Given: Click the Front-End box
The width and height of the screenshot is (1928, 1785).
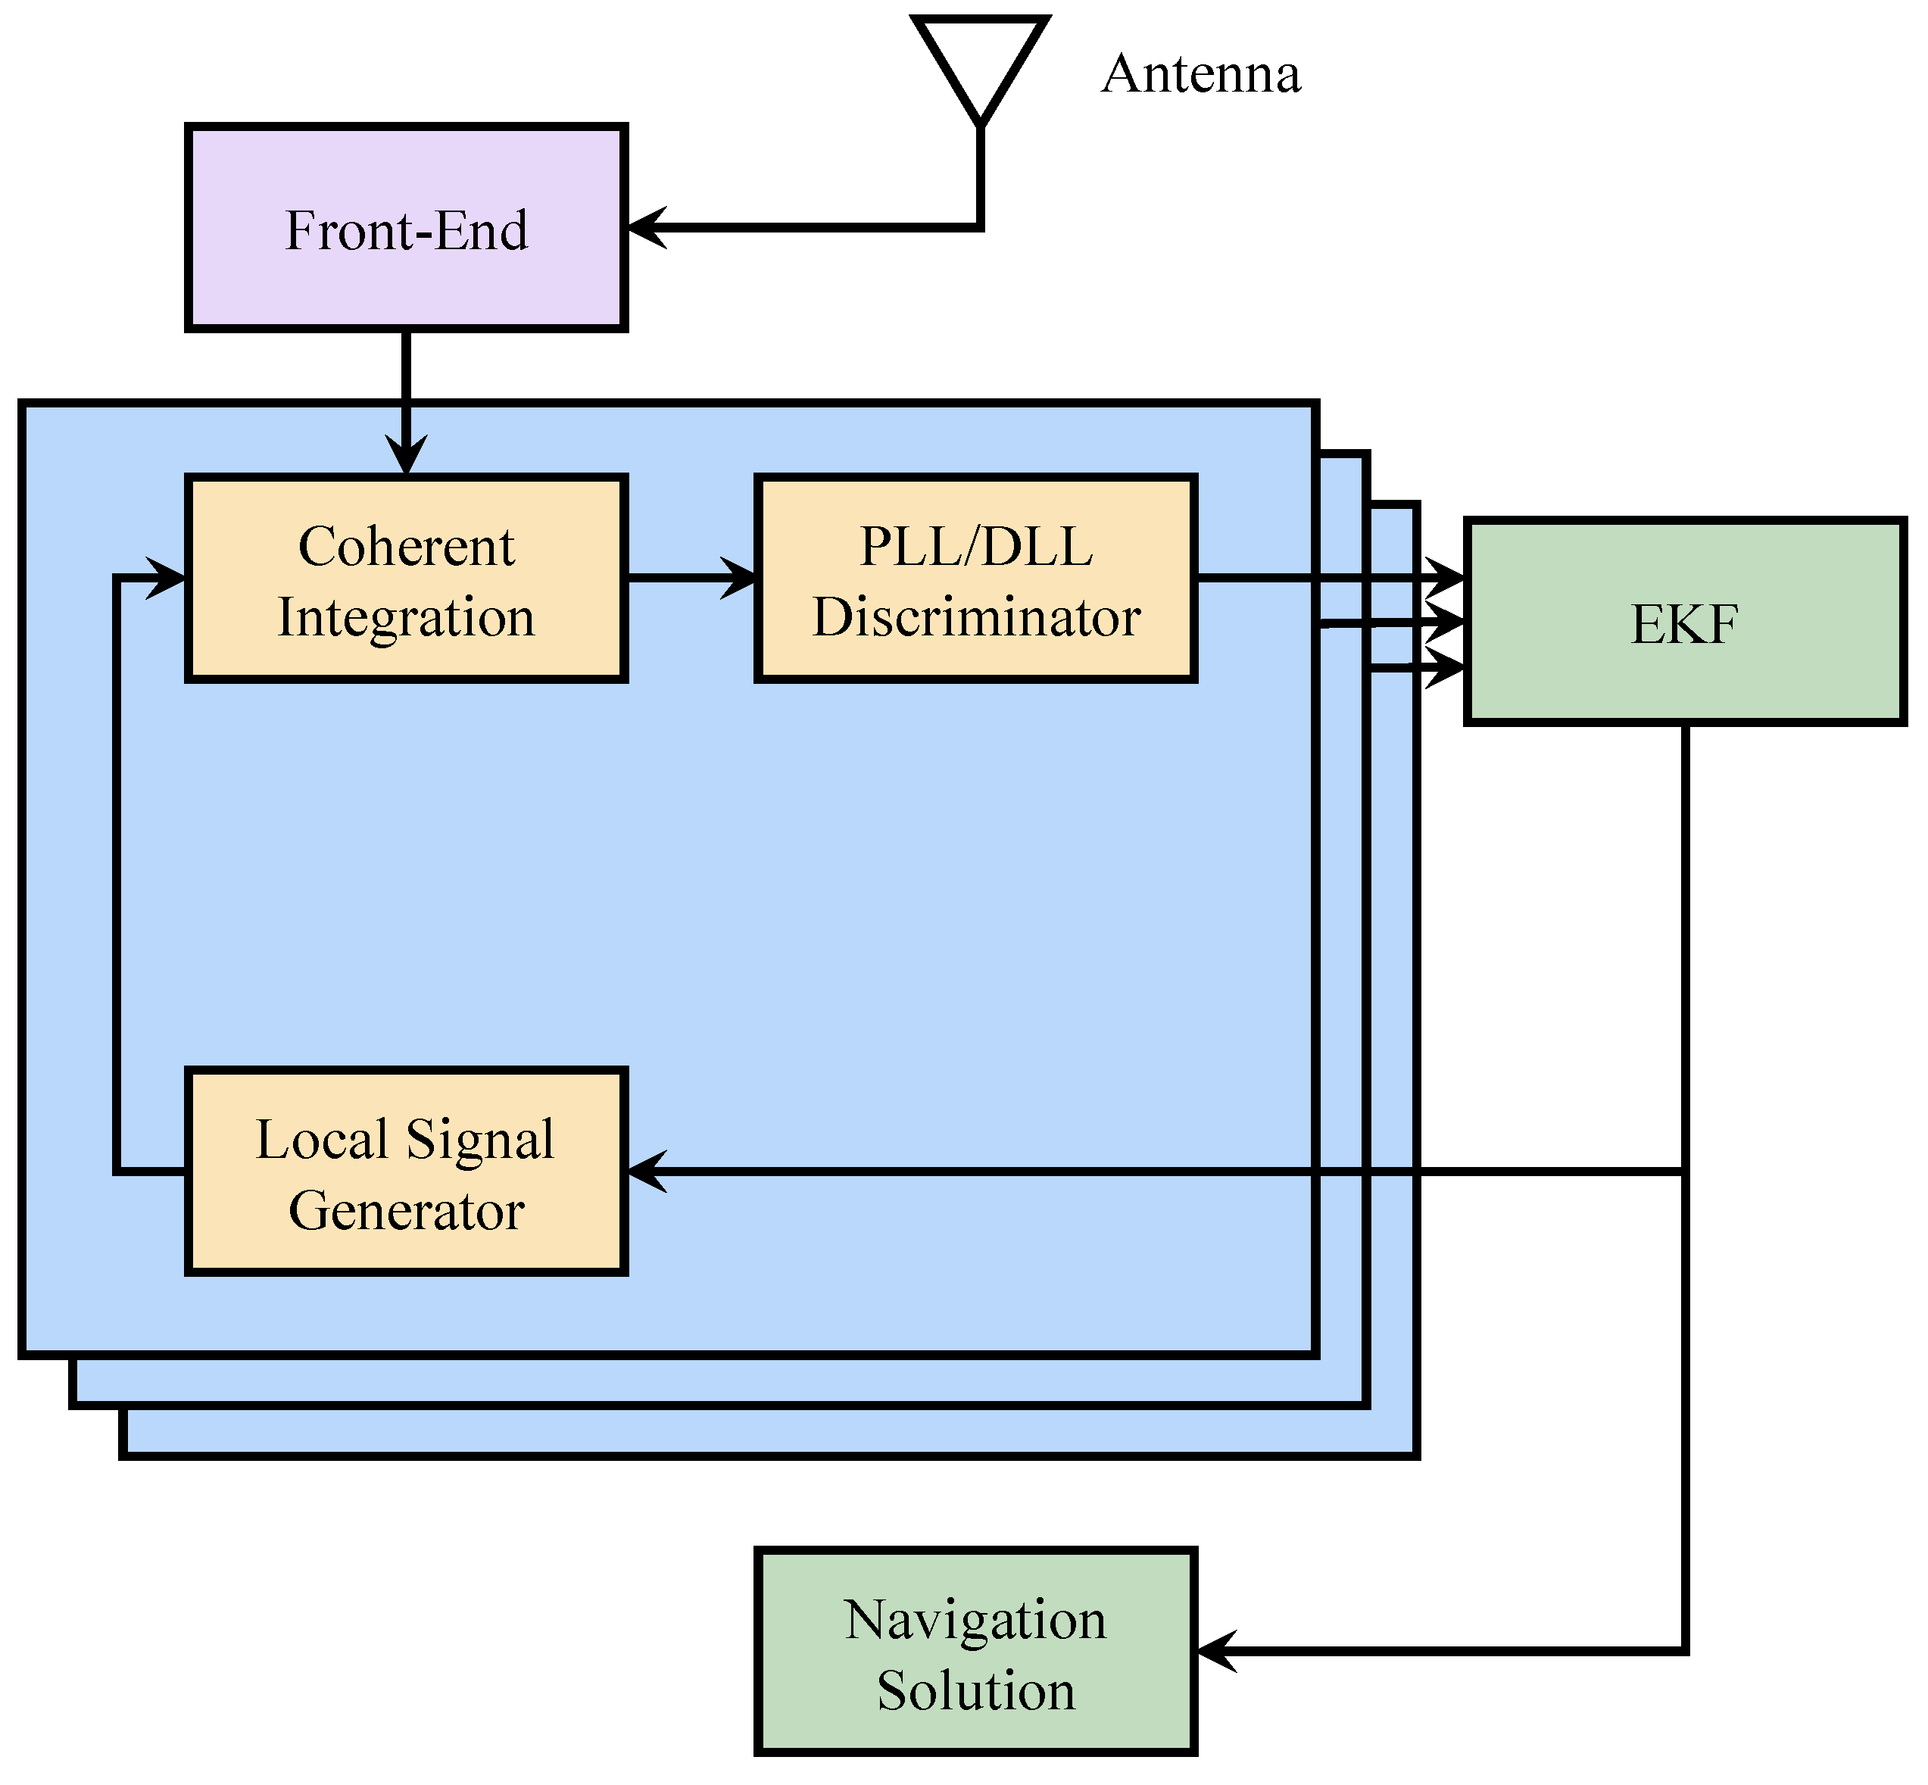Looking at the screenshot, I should point(406,228).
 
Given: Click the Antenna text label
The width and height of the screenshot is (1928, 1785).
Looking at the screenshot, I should point(1201,74).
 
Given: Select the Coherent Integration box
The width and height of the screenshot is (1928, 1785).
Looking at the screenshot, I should point(406,579).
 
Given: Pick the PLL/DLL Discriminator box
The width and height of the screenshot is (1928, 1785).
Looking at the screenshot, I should point(975,579).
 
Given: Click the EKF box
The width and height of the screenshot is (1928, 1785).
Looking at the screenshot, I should point(1685,623).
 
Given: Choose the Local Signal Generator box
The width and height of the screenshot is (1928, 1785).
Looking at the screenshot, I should point(406,1172).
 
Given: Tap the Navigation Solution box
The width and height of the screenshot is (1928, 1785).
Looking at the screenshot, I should point(975,1652).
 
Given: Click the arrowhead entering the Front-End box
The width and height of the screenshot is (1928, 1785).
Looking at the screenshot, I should point(645,228).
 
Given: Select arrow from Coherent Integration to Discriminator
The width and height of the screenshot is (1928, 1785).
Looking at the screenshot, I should point(691,579).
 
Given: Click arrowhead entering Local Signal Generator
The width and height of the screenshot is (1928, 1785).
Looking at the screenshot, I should point(645,1172).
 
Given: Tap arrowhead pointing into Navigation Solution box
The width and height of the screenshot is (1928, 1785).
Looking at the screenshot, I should point(1215,1652).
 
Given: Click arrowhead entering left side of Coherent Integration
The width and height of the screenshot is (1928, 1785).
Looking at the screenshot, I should point(166,579).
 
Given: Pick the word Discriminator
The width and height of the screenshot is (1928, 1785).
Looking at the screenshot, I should point(975,617).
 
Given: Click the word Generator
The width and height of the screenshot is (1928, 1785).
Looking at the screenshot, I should point(406,1210).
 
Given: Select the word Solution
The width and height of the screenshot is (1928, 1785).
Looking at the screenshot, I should point(975,1690).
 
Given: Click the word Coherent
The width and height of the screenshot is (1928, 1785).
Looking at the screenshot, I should point(406,547).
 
